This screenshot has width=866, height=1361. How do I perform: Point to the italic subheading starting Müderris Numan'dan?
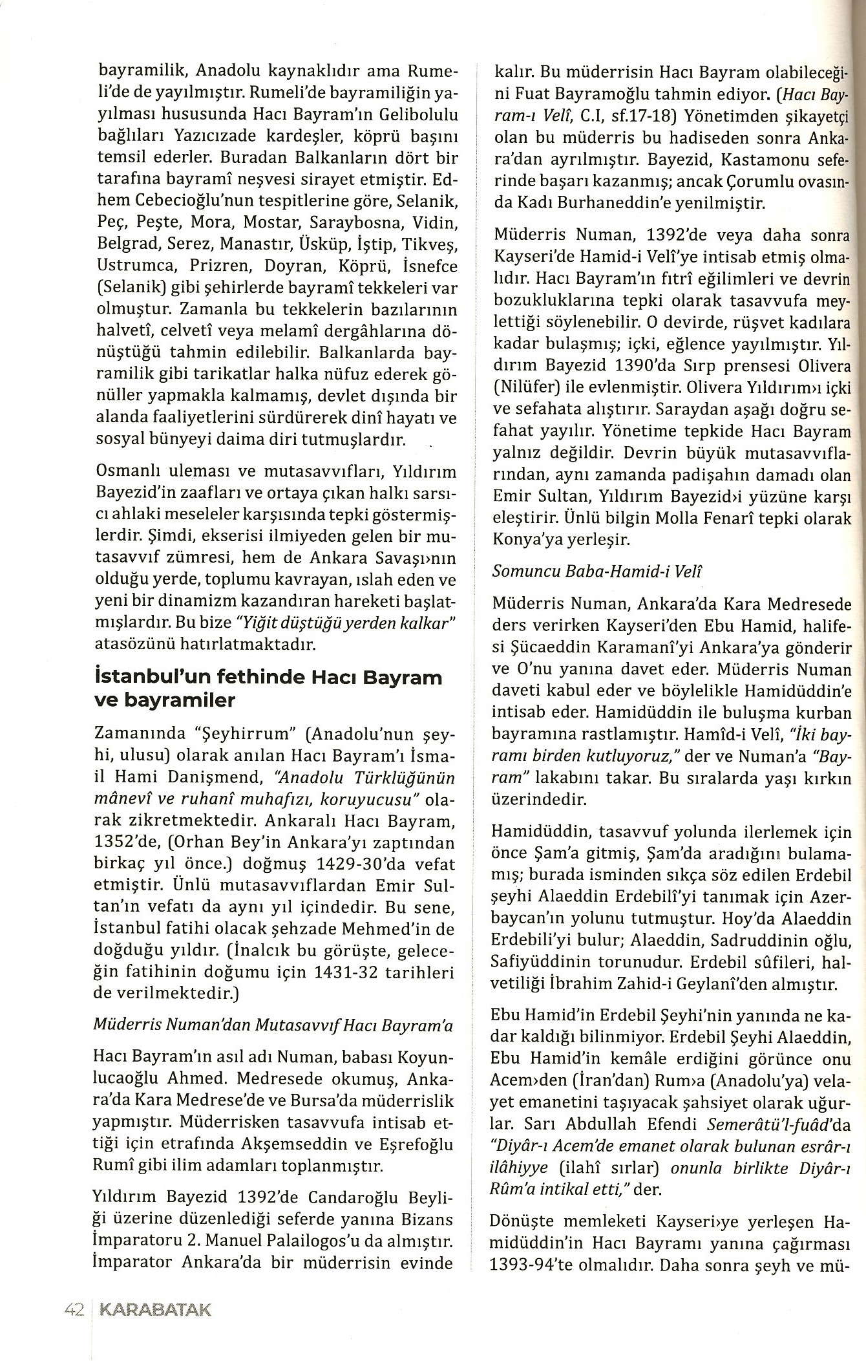(273, 1025)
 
